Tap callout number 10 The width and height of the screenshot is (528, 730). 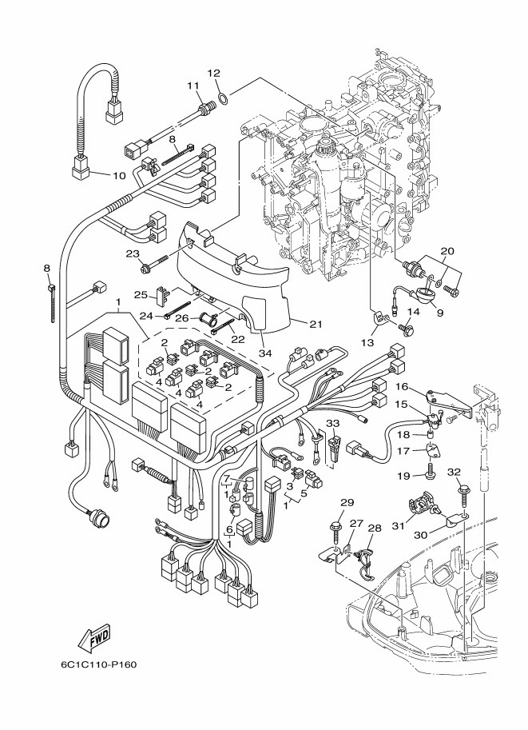click(118, 175)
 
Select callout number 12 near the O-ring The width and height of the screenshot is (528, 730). click(213, 74)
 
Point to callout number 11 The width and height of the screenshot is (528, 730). click(193, 86)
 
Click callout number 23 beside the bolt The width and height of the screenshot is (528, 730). click(133, 254)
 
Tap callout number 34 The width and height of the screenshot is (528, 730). click(264, 353)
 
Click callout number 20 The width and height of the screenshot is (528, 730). click(447, 250)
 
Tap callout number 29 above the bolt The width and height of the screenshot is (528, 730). click(347, 503)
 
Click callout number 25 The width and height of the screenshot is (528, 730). click(138, 294)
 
